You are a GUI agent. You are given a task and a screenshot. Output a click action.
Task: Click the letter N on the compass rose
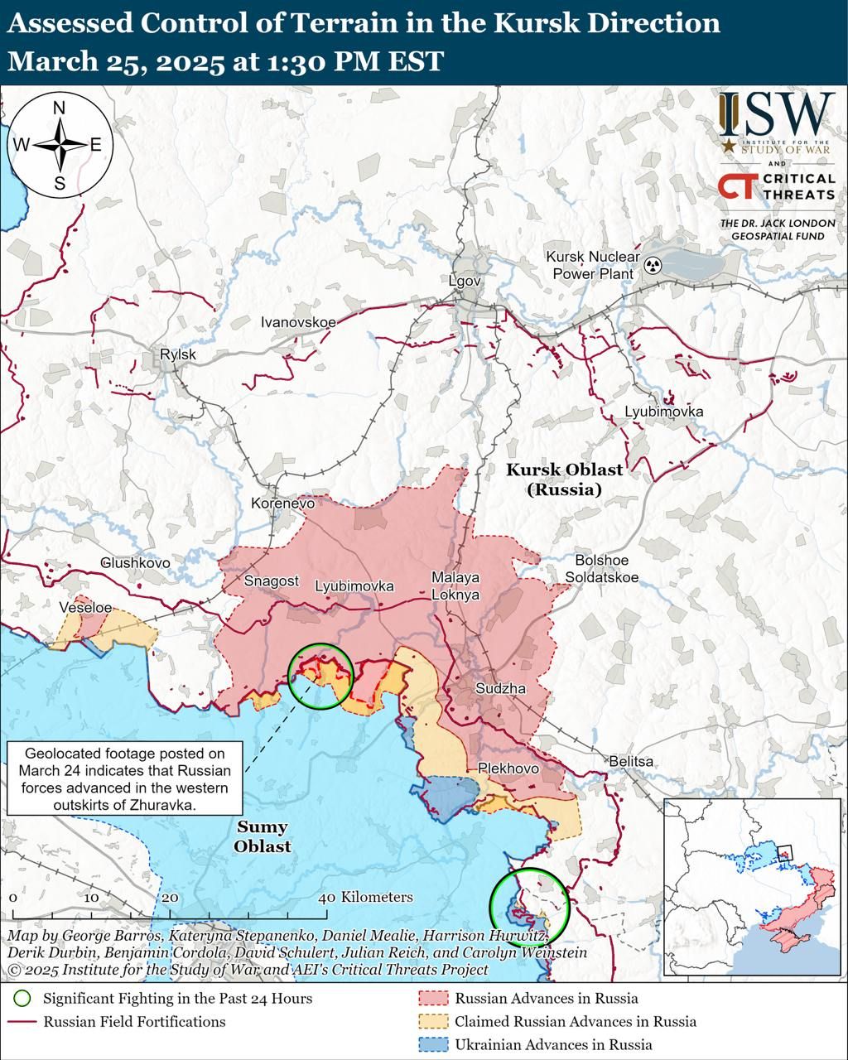click(x=59, y=108)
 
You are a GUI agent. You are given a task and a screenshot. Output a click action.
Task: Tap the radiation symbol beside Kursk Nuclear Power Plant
click(x=653, y=266)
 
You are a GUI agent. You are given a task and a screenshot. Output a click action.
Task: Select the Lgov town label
click(x=464, y=281)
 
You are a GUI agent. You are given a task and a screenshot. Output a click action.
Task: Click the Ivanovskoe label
click(x=298, y=321)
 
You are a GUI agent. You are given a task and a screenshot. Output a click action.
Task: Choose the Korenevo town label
click(x=283, y=503)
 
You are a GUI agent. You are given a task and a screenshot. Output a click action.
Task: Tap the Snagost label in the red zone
click(x=271, y=581)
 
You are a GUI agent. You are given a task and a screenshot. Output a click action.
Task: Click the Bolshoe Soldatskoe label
click(x=601, y=569)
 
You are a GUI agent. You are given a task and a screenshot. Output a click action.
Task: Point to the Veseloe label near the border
click(x=85, y=607)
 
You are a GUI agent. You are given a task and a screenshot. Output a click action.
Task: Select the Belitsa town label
click(x=630, y=761)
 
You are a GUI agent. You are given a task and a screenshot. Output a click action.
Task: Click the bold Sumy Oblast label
click(x=262, y=836)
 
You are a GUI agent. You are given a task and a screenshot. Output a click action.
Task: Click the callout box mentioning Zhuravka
click(x=124, y=778)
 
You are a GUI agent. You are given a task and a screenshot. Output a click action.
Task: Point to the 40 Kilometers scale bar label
click(x=366, y=897)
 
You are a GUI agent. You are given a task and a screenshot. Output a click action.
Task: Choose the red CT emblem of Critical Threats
click(x=736, y=187)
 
